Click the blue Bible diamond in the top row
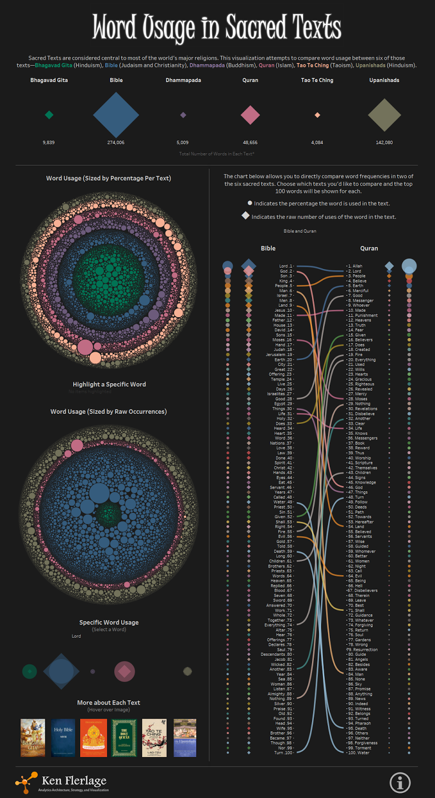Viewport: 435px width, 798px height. pyautogui.click(x=116, y=115)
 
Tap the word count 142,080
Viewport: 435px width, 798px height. pyautogui.click(x=384, y=143)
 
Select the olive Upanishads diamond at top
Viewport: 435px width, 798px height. pyautogui.click(x=384, y=115)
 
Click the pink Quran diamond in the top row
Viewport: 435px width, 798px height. pyautogui.click(x=250, y=115)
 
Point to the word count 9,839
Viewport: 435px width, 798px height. pyautogui.click(x=49, y=143)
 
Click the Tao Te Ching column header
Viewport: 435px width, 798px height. pyautogui.click(x=317, y=80)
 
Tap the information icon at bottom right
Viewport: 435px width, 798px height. pyautogui.click(x=400, y=783)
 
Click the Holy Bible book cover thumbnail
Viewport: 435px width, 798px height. pyautogui.click(x=63, y=738)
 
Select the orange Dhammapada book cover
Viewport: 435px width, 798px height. pyautogui.click(x=94, y=738)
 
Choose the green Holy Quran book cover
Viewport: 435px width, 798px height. pyautogui.click(x=124, y=738)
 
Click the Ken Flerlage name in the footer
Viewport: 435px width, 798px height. pyautogui.click(x=74, y=781)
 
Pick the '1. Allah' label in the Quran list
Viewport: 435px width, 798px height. pyautogui.click(x=355, y=266)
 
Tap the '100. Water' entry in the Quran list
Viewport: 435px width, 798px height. pyautogui.click(x=359, y=753)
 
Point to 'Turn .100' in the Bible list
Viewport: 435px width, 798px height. pyautogui.click(x=283, y=753)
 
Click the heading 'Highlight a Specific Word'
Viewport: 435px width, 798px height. pyautogui.click(x=109, y=385)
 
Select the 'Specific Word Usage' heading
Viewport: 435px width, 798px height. pyautogui.click(x=109, y=622)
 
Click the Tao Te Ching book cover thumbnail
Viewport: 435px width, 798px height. pyautogui.click(x=154, y=738)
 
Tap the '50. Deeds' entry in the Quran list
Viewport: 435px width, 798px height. pyautogui.click(x=357, y=507)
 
